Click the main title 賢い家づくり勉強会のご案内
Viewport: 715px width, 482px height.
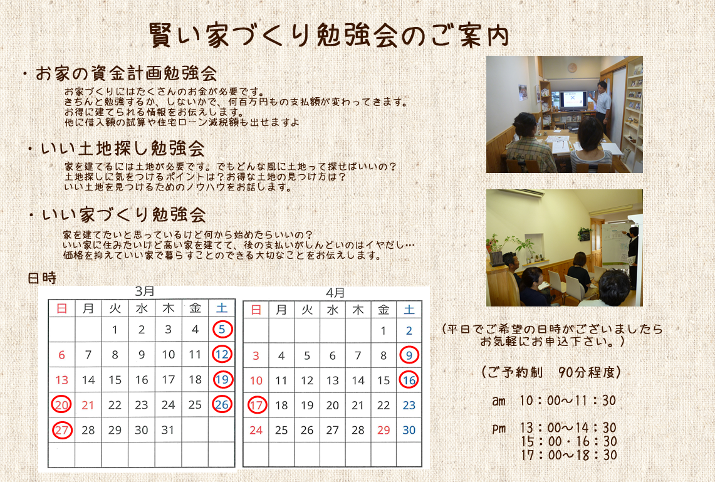(x=329, y=35)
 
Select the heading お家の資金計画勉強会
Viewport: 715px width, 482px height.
(x=126, y=73)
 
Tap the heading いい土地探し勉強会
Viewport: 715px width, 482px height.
(x=123, y=149)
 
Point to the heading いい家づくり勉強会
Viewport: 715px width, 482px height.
(x=124, y=215)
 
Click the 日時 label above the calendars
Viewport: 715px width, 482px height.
(x=42, y=278)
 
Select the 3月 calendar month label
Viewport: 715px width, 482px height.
(x=145, y=291)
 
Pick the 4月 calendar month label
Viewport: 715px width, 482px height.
(x=335, y=293)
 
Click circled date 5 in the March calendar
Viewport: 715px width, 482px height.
(x=222, y=329)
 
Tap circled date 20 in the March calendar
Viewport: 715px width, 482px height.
(x=61, y=404)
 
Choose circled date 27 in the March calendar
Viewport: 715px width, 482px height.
(x=62, y=429)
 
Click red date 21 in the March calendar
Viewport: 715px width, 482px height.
(x=88, y=405)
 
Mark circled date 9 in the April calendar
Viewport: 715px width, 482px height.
(x=409, y=355)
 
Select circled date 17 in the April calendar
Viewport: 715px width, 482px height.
(x=257, y=405)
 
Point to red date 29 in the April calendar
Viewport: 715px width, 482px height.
(x=384, y=430)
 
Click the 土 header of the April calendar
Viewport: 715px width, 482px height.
(x=409, y=310)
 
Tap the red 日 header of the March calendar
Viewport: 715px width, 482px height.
(x=61, y=308)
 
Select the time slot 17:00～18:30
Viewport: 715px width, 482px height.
(x=568, y=454)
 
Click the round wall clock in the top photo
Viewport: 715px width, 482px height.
(x=572, y=68)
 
